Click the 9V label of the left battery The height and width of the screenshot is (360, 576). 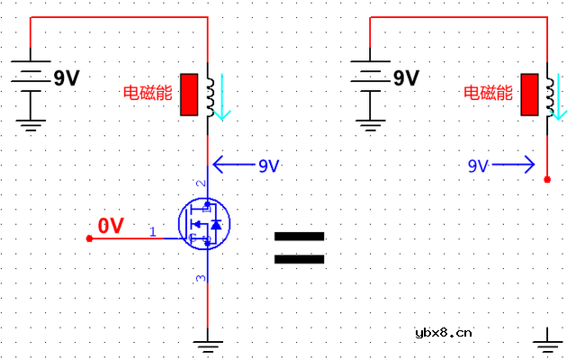tap(66, 78)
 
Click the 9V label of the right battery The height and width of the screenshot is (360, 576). tap(406, 78)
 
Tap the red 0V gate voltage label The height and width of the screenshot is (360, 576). tap(111, 226)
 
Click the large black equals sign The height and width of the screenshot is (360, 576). tap(299, 248)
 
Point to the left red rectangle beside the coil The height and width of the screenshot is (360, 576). tap(189, 94)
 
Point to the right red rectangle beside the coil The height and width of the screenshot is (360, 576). tap(529, 94)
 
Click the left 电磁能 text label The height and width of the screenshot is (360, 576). tap(148, 92)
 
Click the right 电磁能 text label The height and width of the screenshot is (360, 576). tap(488, 92)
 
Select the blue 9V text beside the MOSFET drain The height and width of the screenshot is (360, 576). tap(268, 166)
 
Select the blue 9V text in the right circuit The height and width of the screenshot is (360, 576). tap(478, 166)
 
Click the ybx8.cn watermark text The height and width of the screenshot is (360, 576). tap(443, 332)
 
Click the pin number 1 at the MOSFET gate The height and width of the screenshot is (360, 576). tap(152, 232)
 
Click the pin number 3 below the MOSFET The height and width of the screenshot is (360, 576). tap(201, 278)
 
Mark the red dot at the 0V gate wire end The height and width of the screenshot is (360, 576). tap(88, 238)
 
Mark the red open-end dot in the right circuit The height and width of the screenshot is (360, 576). tap(548, 180)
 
